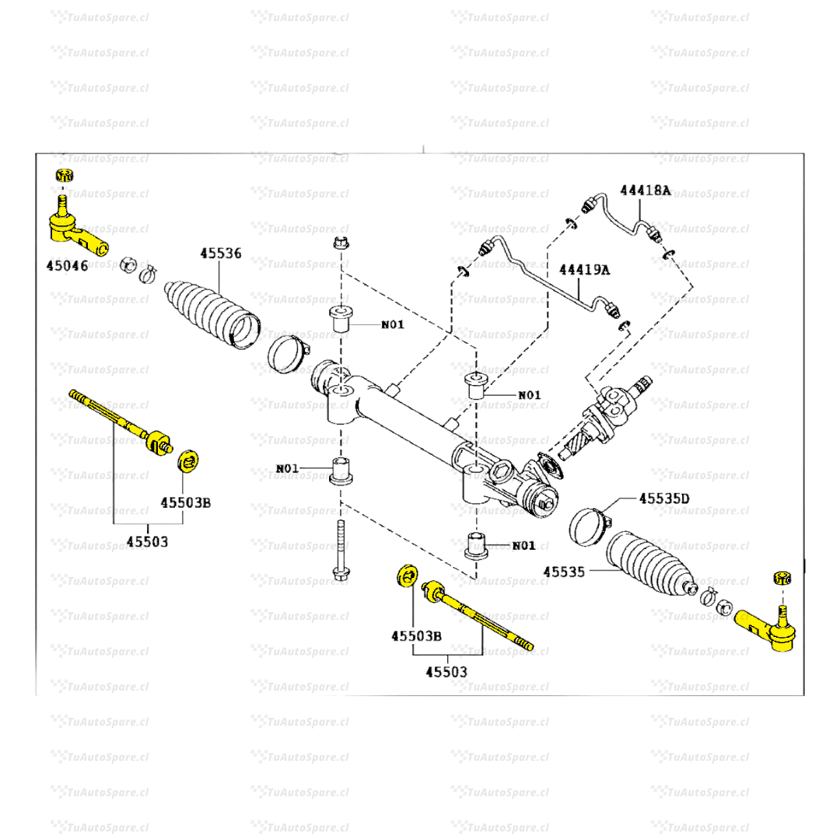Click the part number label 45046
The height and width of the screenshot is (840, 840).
(67, 265)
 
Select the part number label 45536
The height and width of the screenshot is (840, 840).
(220, 253)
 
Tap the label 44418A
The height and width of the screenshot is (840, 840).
(646, 190)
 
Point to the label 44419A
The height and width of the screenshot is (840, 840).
(585, 271)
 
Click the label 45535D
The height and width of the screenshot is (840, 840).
(664, 497)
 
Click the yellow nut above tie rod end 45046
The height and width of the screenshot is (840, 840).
(63, 174)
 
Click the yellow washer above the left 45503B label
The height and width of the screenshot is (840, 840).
(187, 460)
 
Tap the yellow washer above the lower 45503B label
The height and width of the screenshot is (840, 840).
(404, 577)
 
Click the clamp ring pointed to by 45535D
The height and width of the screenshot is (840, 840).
(589, 525)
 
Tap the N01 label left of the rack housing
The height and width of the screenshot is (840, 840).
(287, 468)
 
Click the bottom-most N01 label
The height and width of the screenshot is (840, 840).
(524, 545)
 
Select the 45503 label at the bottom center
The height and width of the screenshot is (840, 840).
(446, 671)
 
